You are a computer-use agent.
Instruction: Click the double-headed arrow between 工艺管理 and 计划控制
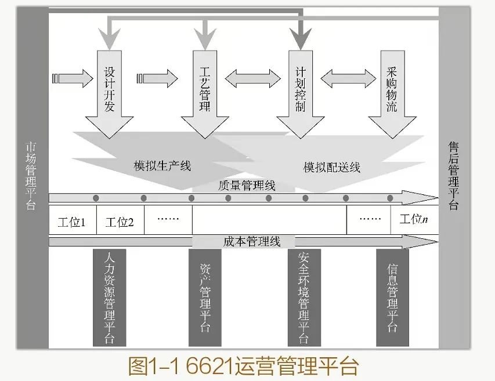[x=251, y=78]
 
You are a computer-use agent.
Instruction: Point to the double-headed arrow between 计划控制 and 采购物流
[x=346, y=78]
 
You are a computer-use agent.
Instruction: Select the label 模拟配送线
[x=332, y=168]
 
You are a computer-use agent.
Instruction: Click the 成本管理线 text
[x=251, y=241]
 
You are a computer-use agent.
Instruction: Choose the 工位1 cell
[x=72, y=222]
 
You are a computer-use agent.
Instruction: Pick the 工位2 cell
[x=120, y=222]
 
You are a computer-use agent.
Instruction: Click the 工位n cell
[x=414, y=220]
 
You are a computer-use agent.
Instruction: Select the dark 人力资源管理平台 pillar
[x=109, y=297]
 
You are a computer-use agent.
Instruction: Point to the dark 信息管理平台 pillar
[x=392, y=297]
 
